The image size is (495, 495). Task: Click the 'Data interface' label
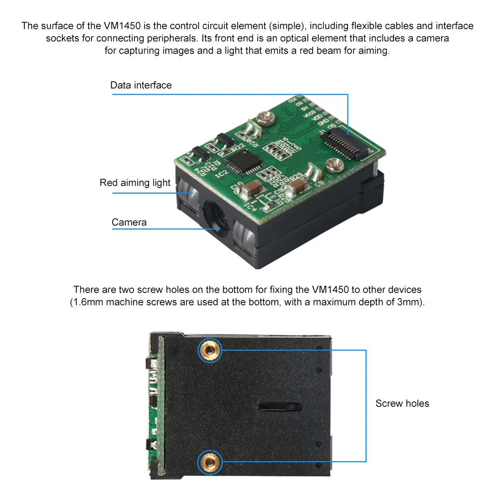click(x=141, y=85)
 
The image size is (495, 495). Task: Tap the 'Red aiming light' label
click(x=135, y=183)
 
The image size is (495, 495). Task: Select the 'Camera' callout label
click(x=129, y=222)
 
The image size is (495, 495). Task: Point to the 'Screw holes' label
click(x=402, y=403)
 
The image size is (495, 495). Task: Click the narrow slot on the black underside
click(x=280, y=406)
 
